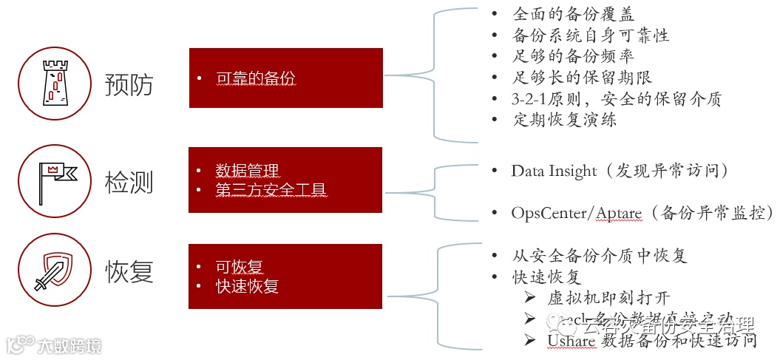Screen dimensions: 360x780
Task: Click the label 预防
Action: [129, 84]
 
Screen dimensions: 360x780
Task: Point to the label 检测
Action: [129, 182]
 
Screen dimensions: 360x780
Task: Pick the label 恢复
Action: [129, 271]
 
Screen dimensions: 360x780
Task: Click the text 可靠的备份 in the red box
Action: [256, 78]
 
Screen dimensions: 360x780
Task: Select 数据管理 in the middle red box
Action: [247, 171]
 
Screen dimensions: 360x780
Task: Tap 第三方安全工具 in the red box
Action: [271, 190]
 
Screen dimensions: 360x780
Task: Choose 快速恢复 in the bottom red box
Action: [247, 287]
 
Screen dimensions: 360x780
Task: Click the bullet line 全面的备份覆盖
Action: [573, 14]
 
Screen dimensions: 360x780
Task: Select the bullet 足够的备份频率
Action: [573, 56]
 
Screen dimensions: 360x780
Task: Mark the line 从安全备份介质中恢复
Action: [599, 256]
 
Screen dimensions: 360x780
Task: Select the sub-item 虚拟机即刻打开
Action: [608, 298]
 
